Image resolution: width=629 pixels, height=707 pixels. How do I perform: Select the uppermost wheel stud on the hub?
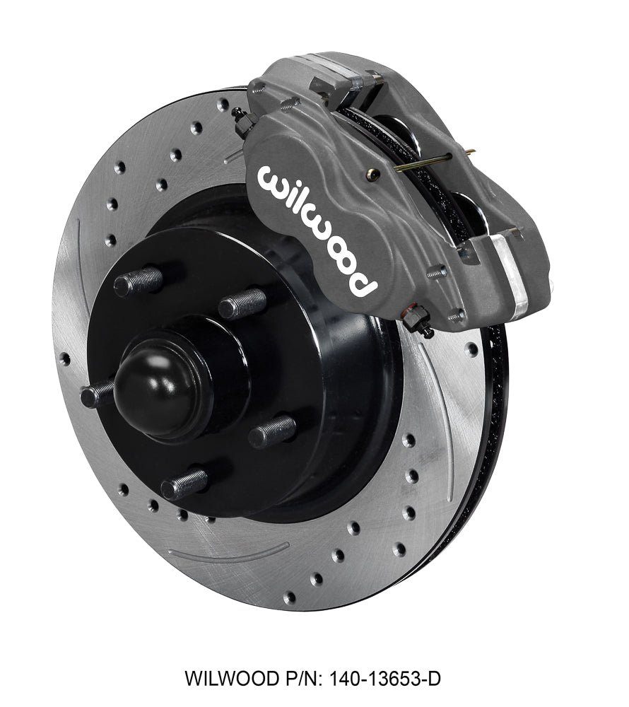point(139,282)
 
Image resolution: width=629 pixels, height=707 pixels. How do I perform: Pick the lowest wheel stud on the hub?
point(184,484)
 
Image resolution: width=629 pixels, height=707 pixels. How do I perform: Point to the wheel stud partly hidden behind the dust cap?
point(97,394)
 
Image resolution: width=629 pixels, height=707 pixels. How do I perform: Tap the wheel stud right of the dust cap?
point(272,431)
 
